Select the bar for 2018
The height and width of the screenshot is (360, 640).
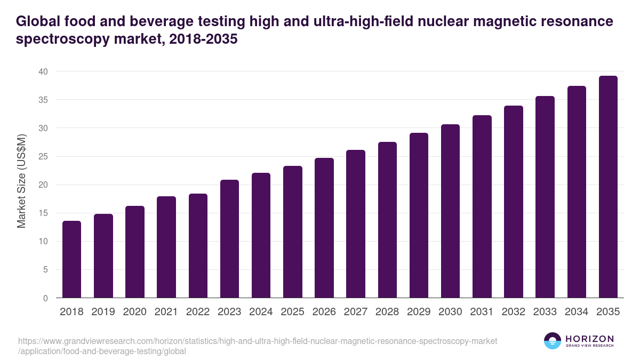(x=71, y=259)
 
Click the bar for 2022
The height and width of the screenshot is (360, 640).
(x=198, y=246)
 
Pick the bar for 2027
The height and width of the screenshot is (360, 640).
(x=356, y=223)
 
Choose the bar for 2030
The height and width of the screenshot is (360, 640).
(x=450, y=211)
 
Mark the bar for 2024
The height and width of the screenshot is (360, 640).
(x=261, y=235)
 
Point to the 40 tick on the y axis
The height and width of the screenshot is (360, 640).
(x=43, y=71)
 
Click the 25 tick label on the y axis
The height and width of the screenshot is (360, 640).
(x=43, y=156)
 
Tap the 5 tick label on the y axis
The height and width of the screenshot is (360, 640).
(x=45, y=270)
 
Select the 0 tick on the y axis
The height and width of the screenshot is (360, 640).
(x=45, y=298)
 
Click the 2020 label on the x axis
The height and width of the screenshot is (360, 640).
(x=134, y=312)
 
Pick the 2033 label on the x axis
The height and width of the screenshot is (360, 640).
(x=545, y=312)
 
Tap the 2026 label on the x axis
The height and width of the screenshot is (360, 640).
(x=324, y=312)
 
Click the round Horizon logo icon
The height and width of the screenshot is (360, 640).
(x=553, y=341)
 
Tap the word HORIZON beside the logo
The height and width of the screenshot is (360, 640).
(x=589, y=339)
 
